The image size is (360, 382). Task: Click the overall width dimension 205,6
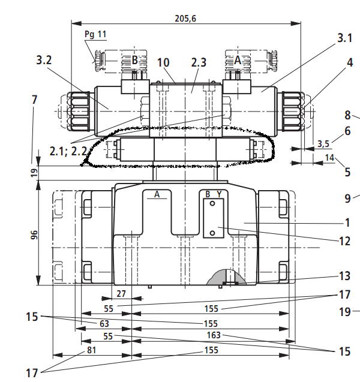point(185,19)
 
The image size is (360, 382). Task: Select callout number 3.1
point(344,38)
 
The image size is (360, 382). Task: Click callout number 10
point(164,62)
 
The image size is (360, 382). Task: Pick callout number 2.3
point(199,62)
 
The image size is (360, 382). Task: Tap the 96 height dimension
point(34,236)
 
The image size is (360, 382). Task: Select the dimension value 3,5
point(323,143)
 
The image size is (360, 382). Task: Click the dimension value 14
point(330,158)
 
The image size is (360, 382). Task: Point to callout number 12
point(344,241)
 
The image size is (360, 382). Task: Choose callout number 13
point(344,276)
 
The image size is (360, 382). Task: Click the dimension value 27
point(121,294)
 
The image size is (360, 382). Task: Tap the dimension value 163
point(214,335)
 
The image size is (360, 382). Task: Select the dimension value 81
point(92,350)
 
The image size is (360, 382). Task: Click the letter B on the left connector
point(134,60)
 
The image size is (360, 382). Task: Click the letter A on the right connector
point(237,60)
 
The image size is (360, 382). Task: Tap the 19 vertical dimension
point(34,172)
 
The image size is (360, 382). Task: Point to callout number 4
point(349,62)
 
